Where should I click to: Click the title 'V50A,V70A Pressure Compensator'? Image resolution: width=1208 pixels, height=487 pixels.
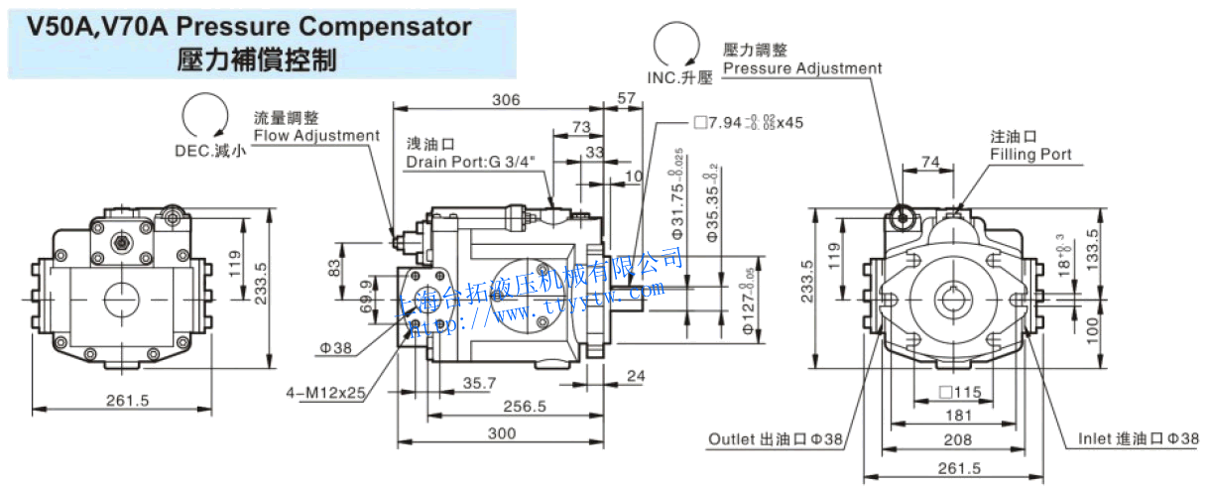coord(249,27)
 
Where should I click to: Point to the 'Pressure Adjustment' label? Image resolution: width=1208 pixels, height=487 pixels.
coord(801,68)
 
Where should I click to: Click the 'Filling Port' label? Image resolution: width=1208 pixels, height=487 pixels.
coord(1030,155)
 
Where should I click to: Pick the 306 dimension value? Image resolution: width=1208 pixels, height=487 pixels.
coord(506,99)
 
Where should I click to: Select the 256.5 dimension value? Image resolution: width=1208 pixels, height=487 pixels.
coord(525,406)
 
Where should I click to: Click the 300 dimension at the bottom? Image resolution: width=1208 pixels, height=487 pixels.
coord(503,433)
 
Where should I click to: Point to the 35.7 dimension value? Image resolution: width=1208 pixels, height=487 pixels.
coord(479,382)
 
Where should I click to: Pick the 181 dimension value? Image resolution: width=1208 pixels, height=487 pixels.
coord(958,416)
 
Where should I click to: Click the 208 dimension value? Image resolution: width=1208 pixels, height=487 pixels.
coord(958,440)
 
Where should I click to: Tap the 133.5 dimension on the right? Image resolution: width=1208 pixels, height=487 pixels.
coord(1093,248)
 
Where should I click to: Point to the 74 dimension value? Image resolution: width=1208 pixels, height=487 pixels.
coord(929,162)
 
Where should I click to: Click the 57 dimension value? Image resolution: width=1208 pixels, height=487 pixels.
coord(626,99)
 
